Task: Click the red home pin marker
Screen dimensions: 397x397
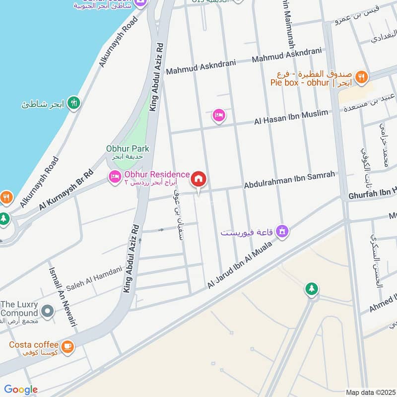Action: coord(198,179)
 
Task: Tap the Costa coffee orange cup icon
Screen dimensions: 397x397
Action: coord(67,347)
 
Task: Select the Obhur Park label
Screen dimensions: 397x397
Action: coord(128,148)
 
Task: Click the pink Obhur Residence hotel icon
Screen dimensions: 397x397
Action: coord(115,176)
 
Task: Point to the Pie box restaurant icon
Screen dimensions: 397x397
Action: coord(362,77)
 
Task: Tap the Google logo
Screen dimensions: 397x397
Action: coord(20,390)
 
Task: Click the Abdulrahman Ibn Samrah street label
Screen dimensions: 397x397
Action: coord(289,180)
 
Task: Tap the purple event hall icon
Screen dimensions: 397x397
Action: coord(282,231)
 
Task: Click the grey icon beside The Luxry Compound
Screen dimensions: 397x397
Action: coord(48,312)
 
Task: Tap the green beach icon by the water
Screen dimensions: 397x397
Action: coord(74,103)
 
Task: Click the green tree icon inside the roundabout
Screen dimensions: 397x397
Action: coord(312,289)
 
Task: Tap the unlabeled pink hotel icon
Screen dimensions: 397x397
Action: coord(218,116)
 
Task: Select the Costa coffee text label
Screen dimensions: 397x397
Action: coord(34,344)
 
